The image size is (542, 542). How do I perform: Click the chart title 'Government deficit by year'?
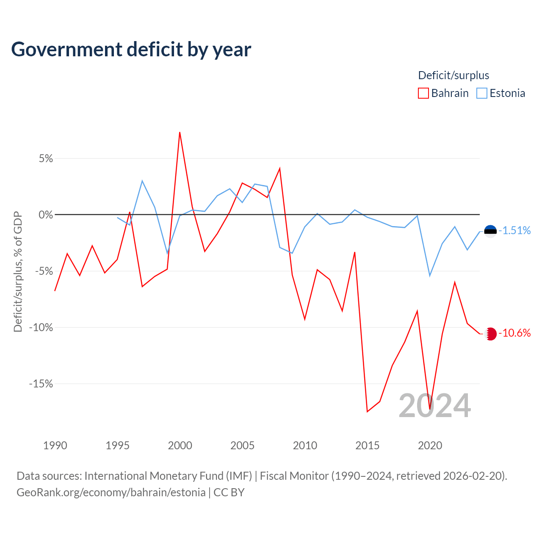[x=131, y=50]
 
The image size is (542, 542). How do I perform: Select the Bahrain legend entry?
[x=443, y=93]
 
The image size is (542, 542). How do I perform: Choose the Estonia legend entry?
[x=501, y=93]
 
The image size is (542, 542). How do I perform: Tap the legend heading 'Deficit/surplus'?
[x=454, y=75]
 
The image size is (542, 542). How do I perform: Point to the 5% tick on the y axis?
[x=46, y=159]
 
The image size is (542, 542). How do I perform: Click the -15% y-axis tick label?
[x=41, y=384]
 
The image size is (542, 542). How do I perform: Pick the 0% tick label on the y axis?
[x=46, y=215]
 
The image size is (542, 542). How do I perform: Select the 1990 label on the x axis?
[x=55, y=445]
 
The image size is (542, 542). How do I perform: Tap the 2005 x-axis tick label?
[x=242, y=445]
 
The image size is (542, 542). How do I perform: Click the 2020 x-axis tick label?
[x=430, y=445]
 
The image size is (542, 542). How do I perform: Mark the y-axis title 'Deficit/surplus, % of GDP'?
[x=18, y=272]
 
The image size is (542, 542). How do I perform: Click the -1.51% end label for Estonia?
[x=514, y=230]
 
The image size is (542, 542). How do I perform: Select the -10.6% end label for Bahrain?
[x=514, y=333]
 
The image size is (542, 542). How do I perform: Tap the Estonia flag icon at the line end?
[x=490, y=232]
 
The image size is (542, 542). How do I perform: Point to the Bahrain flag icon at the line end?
[x=490, y=334]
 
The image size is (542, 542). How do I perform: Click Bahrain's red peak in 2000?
[x=180, y=132]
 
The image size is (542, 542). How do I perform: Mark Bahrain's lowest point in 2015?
[x=368, y=412]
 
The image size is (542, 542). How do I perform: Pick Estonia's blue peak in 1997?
[x=142, y=180]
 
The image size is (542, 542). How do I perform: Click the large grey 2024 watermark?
[x=435, y=406]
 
